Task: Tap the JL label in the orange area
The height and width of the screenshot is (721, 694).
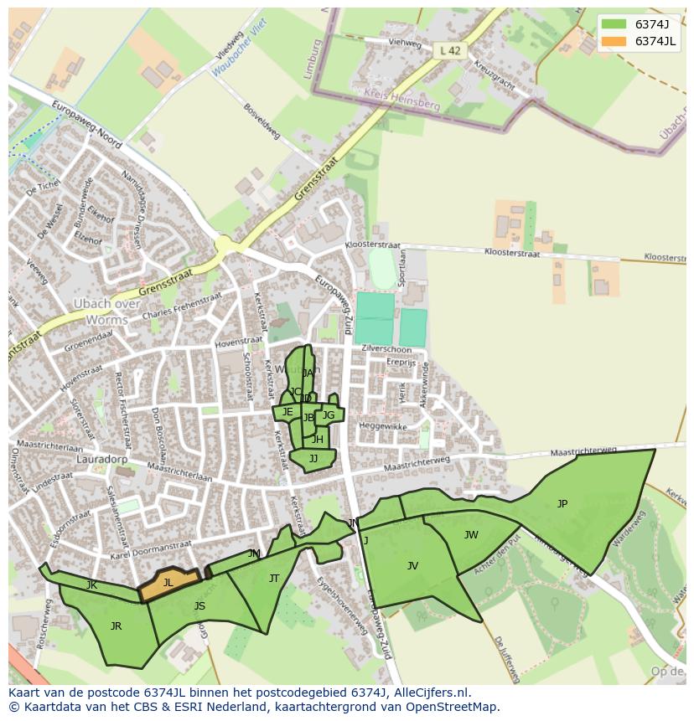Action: [168, 583]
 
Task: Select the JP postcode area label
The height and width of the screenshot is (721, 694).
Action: [562, 503]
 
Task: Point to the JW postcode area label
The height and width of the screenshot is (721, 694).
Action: [471, 535]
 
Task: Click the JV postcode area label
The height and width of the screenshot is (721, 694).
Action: [412, 566]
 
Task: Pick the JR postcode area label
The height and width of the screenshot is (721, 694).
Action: [116, 626]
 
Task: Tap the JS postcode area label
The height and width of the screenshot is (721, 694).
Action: [199, 606]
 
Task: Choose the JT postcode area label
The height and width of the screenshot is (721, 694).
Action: [274, 579]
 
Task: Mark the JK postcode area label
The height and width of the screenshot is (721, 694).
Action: [91, 585]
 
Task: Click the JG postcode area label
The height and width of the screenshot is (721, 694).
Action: [329, 415]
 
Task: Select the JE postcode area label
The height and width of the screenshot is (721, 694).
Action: [287, 412]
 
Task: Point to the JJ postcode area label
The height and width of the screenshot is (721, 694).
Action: [313, 459]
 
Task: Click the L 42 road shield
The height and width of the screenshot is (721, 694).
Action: [450, 51]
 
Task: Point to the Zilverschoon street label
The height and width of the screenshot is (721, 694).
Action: [386, 349]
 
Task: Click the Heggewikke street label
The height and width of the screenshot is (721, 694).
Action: [383, 426]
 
